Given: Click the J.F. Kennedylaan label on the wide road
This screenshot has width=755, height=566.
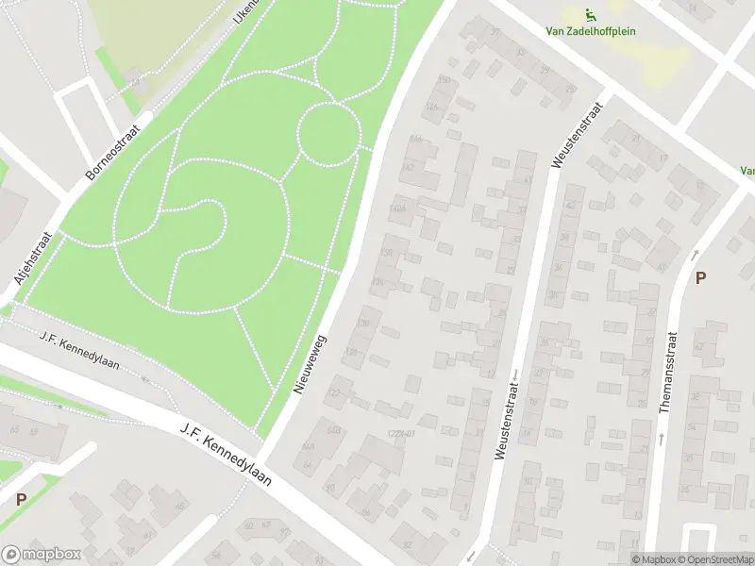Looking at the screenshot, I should point(226,455).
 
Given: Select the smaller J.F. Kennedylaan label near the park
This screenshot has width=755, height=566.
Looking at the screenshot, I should point(79,350).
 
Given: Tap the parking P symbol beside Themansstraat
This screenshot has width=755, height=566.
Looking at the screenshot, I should point(700,278).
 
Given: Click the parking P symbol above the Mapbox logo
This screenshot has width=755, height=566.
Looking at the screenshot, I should point(21,500).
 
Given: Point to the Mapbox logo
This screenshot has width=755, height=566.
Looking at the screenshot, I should point(41,555).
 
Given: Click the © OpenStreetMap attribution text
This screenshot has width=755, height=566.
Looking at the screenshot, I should point(721,559).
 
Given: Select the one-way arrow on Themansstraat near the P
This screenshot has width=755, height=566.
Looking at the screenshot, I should point(696,254).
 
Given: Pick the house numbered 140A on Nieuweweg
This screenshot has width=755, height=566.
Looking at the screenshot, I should point(397,208).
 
